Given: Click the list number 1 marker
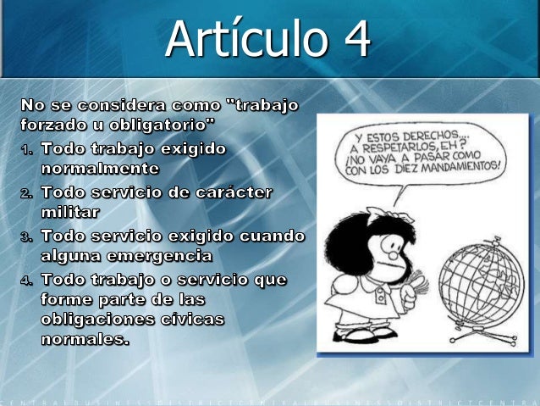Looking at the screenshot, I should tap(27, 150).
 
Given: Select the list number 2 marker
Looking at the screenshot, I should tap(27, 193).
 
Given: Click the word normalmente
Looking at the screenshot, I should tap(100, 168).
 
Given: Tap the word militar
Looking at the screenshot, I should tap(70, 212).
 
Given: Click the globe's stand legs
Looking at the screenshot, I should tap(482, 337).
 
